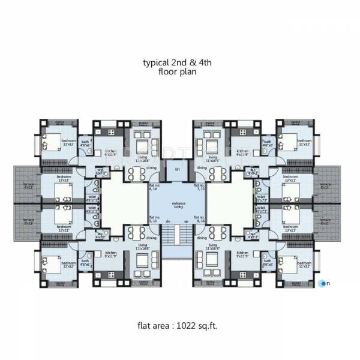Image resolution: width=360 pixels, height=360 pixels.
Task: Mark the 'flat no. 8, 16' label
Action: point(199,220)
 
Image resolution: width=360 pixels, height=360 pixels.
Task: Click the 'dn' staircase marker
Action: point(168,221)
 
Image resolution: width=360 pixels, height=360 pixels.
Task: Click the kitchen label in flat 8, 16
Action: point(242,254)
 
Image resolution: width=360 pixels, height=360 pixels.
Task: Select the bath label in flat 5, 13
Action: point(85,262)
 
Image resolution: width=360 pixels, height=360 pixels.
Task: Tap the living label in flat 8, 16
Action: point(212,246)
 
